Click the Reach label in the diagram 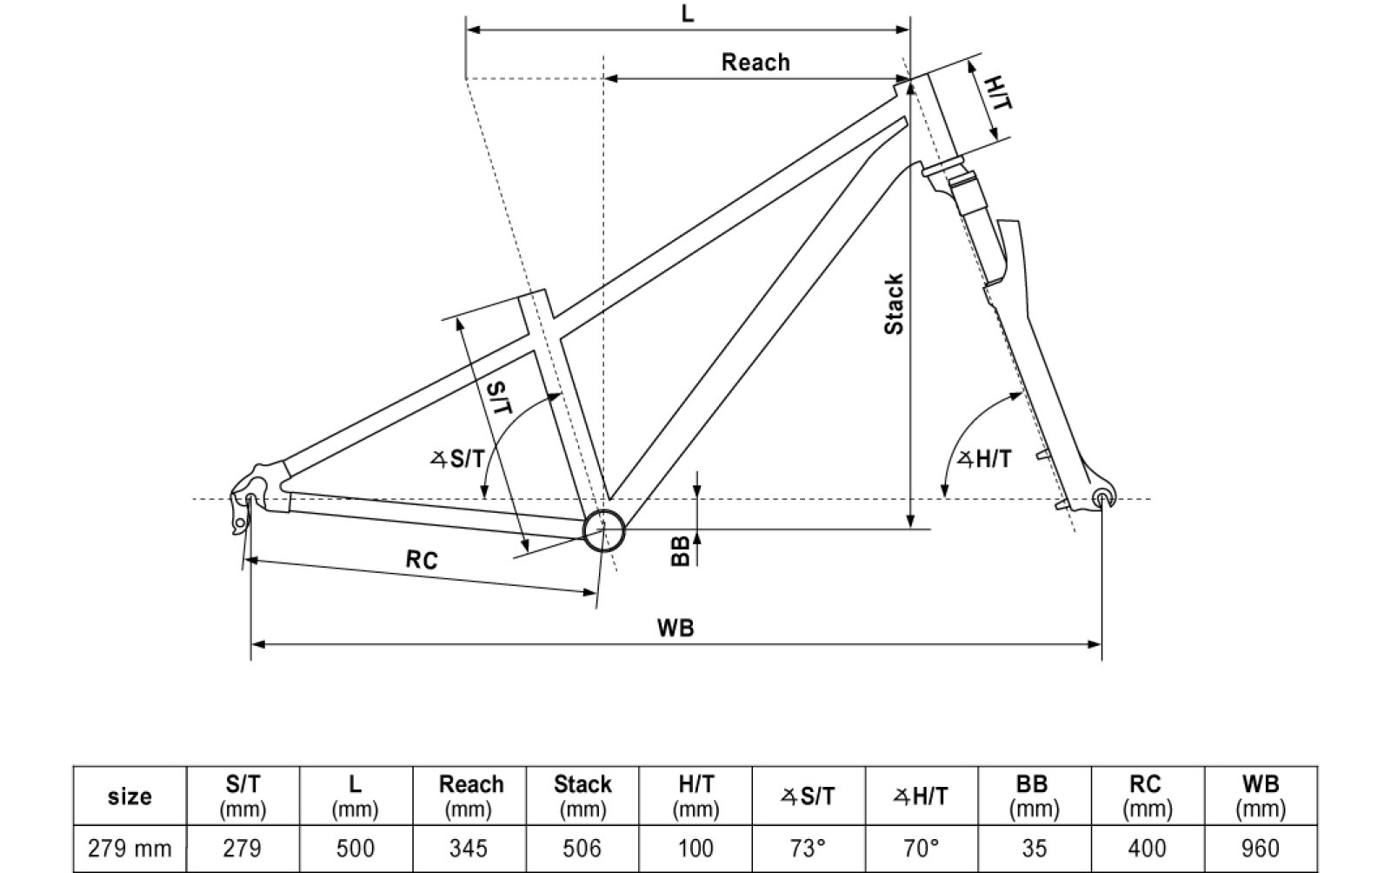tap(755, 63)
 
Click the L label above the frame tap(688, 15)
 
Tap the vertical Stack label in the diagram tap(894, 303)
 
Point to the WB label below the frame tap(676, 628)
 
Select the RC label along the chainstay tap(422, 560)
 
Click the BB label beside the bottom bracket tap(682, 550)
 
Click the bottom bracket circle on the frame tap(603, 530)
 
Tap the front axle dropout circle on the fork tap(1102, 498)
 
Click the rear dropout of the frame tap(251, 500)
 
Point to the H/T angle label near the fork tap(985, 459)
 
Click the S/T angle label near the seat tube tap(458, 458)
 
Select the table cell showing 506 tap(582, 848)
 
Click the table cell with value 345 tap(470, 848)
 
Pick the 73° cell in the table tap(808, 848)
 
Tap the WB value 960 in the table tap(1260, 848)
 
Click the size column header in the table tap(130, 796)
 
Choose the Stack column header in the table tap(582, 796)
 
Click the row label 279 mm tap(130, 848)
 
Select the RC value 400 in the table tap(1146, 848)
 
